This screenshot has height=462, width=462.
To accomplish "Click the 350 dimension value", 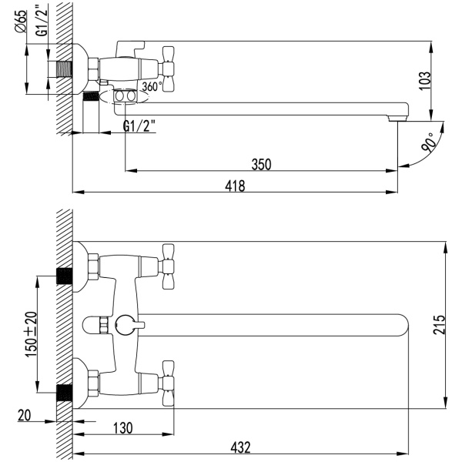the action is [x=261, y=165].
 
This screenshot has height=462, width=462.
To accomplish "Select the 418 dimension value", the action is [x=235, y=186].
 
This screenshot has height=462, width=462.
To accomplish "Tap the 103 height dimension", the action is [x=424, y=81].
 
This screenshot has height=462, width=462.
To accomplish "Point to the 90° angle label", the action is [x=429, y=142].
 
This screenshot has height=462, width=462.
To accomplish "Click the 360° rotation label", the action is [x=152, y=86].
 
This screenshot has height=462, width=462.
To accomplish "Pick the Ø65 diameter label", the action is [x=21, y=22].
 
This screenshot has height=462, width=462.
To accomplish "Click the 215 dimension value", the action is [x=439, y=324].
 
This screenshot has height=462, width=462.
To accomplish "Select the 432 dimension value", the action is [x=240, y=447].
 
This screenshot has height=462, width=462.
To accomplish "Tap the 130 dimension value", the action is [x=123, y=428].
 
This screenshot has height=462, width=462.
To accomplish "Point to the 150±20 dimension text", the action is [x=32, y=334].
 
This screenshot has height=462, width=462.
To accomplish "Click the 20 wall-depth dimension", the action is [x=24, y=416].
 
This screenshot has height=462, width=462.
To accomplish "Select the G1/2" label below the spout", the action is [x=139, y=126].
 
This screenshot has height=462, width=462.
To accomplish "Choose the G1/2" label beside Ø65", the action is [x=42, y=20].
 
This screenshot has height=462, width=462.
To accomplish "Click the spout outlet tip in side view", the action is [x=398, y=118].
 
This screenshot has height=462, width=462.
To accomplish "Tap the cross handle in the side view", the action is [x=167, y=69].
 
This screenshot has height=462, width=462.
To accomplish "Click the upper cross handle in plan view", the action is [x=167, y=266].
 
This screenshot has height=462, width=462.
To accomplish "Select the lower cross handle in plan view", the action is [x=167, y=383].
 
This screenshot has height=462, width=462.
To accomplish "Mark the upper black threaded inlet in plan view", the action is [x=64, y=276].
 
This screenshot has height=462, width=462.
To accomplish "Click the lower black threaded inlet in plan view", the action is [x=64, y=393].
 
